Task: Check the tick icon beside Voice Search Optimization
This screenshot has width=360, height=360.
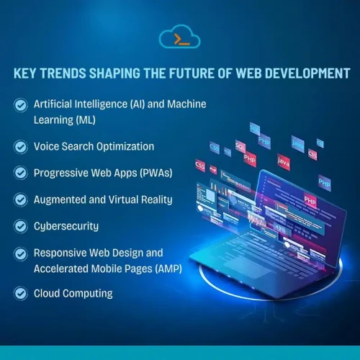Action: [x=20, y=146]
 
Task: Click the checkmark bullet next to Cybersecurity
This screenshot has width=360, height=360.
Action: [x=20, y=226]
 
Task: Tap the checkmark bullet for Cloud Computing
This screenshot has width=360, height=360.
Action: [x=20, y=294]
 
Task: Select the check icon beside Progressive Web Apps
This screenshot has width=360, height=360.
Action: [x=20, y=173]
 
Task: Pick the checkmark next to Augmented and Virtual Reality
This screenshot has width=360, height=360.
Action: [x=20, y=199]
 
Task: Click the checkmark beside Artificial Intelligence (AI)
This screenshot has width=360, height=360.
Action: [x=20, y=105]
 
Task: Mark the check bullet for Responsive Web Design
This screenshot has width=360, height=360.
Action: [x=20, y=253]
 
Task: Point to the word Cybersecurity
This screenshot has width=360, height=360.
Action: [x=66, y=226]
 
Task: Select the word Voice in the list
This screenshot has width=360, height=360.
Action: [x=47, y=146]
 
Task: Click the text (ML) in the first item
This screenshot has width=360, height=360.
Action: [x=85, y=119]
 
